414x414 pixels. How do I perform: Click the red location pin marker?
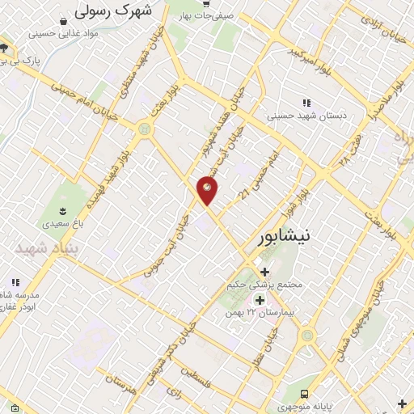tap(208, 190)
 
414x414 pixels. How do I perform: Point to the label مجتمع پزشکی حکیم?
tap(267, 285)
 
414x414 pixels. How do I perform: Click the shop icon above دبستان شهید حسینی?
tap(306, 103)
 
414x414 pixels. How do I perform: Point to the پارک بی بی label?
tap(31, 61)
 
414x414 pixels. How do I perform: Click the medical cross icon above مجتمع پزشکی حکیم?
tap(264, 271)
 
